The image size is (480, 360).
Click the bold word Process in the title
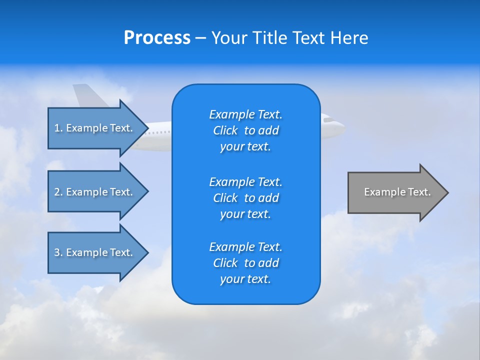click(x=157, y=38)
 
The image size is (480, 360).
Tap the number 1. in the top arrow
click(x=58, y=128)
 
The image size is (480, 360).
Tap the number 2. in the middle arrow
click(x=58, y=192)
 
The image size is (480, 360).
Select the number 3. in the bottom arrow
click(x=58, y=252)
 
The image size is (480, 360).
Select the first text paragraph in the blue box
click(x=245, y=130)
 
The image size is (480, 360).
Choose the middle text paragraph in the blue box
click(x=245, y=198)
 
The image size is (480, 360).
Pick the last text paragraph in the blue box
click(x=245, y=263)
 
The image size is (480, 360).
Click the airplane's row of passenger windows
click(x=160, y=133)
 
